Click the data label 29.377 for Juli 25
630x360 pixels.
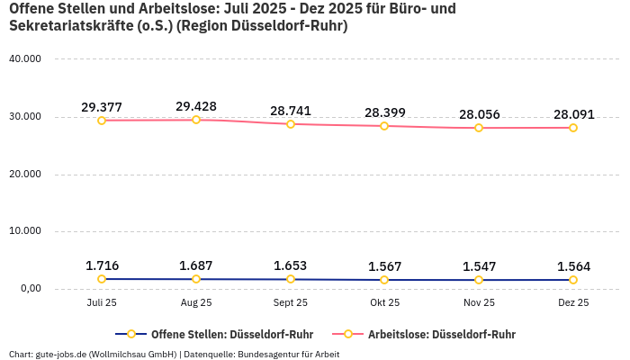coord(102,107)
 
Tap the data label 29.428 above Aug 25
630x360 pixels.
coord(196,106)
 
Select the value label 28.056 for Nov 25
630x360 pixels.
coord(479,114)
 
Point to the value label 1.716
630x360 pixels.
coord(102,265)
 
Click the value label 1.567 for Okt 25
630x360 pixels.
coord(384,266)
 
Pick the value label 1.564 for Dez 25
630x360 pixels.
coord(573,266)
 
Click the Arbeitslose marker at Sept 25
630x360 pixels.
coord(291,124)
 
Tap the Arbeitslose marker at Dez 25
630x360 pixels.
coord(573,128)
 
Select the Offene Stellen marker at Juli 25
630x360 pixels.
coord(102,279)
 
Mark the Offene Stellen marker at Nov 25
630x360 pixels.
coord(479,280)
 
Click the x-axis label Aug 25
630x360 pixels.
coord(196,303)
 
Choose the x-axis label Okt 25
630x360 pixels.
coord(384,303)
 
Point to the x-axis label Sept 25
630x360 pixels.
coord(291,303)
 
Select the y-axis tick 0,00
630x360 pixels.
coord(30,289)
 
